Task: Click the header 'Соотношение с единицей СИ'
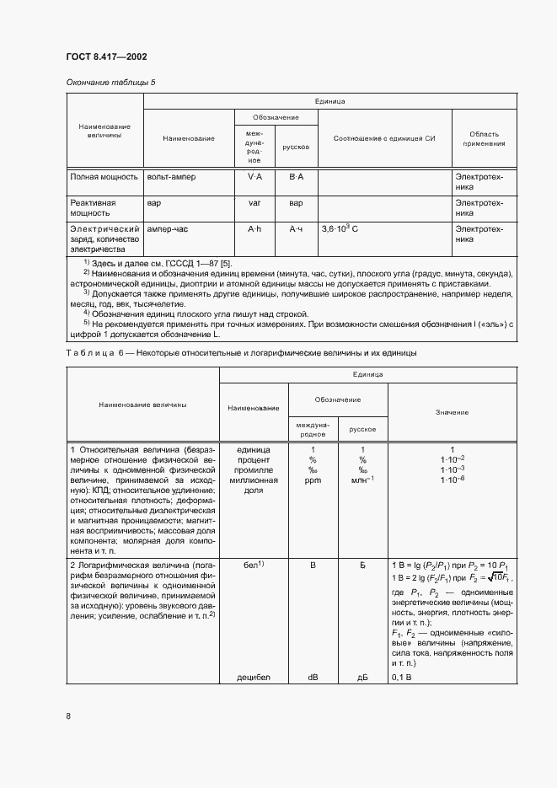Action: [384, 137]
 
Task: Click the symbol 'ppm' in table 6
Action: [312, 480]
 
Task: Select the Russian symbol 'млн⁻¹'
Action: [362, 480]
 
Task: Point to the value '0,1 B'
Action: [402, 677]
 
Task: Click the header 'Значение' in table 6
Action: [452, 412]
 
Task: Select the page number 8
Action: [68, 716]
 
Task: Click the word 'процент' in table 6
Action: [253, 459]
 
